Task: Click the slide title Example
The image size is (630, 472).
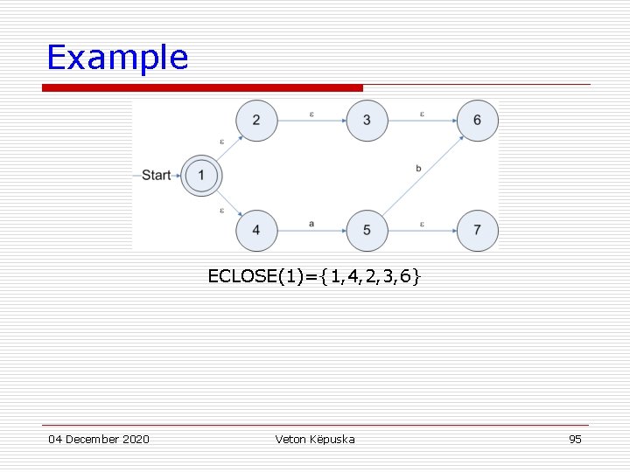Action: (117, 58)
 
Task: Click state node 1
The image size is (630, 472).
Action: (201, 176)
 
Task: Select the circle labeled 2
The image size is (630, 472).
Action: (256, 121)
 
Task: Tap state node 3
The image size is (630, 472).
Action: (367, 121)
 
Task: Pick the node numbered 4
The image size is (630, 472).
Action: (256, 231)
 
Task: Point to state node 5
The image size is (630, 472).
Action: (367, 231)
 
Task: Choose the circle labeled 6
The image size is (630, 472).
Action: (477, 121)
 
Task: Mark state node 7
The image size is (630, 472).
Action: (477, 231)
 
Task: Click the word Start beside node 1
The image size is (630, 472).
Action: (156, 176)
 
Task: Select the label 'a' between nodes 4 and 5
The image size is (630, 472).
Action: (311, 224)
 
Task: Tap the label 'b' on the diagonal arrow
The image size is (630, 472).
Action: (418, 168)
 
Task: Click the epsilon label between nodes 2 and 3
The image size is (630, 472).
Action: (311, 114)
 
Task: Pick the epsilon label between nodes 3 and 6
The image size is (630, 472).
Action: (422, 114)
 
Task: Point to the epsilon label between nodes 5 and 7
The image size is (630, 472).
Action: (422, 224)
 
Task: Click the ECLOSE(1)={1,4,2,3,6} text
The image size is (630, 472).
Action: (314, 277)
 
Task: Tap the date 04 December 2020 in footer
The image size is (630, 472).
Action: (99, 439)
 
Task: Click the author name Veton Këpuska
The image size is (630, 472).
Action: (315, 439)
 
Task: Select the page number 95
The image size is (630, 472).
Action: (575, 439)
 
